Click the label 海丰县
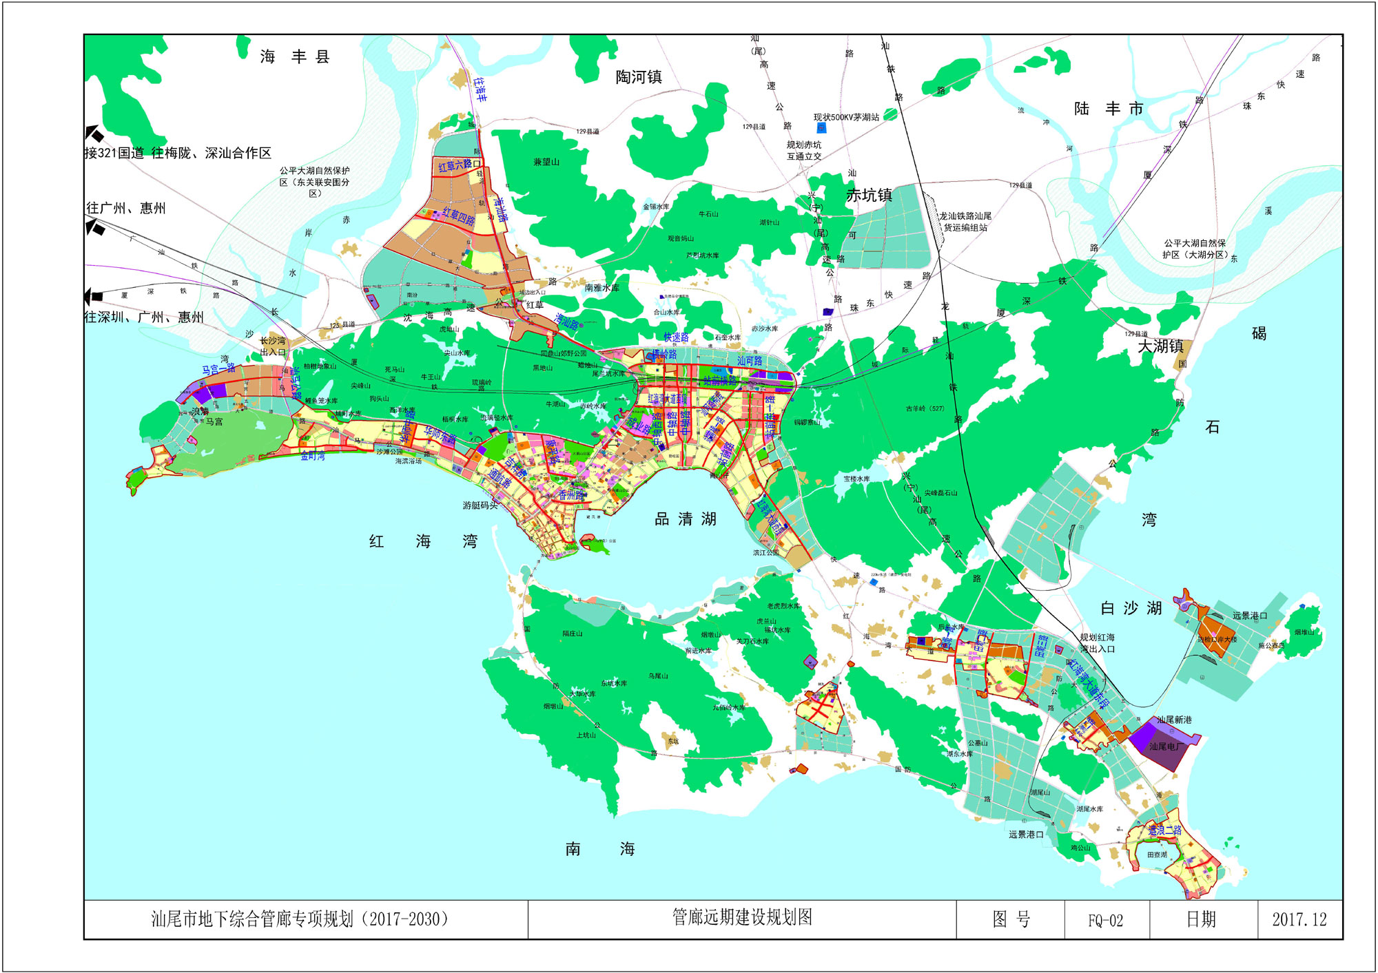pos(295,56)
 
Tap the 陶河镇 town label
pos(638,77)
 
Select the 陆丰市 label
pos(1109,109)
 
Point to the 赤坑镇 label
pos(869,196)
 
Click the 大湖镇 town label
pos(1160,346)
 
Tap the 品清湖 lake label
pos(685,519)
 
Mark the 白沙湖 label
pos(1131,608)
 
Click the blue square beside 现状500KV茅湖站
pos(821,128)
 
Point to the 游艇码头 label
pos(480,505)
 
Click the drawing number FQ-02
pos(1105,921)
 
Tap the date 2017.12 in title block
pos(1299,920)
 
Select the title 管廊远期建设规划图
pos(742,917)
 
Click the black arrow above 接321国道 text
pos(94,134)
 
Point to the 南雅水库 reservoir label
pos(601,288)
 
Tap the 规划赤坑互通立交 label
pos(804,151)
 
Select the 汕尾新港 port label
pos(1174,720)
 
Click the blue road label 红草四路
pos(458,216)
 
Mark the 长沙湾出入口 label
pos(273,346)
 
